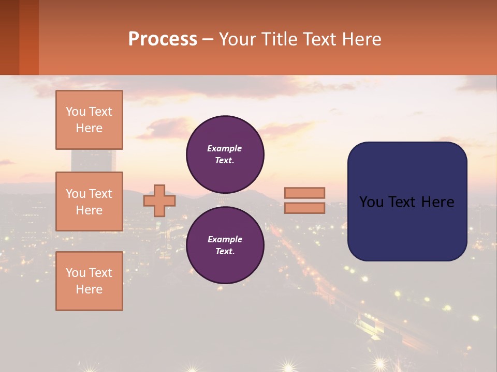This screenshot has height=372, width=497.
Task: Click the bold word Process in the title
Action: pyautogui.click(x=163, y=39)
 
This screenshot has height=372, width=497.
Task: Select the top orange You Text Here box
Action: pyautogui.click(x=89, y=120)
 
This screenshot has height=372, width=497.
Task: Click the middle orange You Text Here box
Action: pyautogui.click(x=89, y=202)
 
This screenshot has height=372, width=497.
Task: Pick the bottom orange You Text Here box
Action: pyautogui.click(x=89, y=281)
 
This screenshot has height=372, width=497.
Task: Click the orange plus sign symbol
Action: pyautogui.click(x=159, y=200)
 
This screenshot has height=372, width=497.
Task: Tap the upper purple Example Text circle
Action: pyautogui.click(x=225, y=154)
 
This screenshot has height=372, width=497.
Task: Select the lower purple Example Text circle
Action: pyautogui.click(x=225, y=245)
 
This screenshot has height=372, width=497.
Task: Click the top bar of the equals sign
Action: pyautogui.click(x=305, y=193)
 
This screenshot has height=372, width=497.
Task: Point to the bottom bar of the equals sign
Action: pyautogui.click(x=305, y=208)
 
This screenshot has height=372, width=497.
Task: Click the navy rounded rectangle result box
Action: pyautogui.click(x=407, y=227)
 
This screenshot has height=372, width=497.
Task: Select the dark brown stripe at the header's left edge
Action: pyautogui.click(x=9, y=37)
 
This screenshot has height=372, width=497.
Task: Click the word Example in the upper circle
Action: pyautogui.click(x=225, y=148)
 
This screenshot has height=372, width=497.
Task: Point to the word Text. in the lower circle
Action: pyautogui.click(x=225, y=251)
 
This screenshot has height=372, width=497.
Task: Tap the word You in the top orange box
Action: pyautogui.click(x=76, y=112)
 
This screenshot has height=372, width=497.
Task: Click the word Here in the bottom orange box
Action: pyautogui.click(x=89, y=289)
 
